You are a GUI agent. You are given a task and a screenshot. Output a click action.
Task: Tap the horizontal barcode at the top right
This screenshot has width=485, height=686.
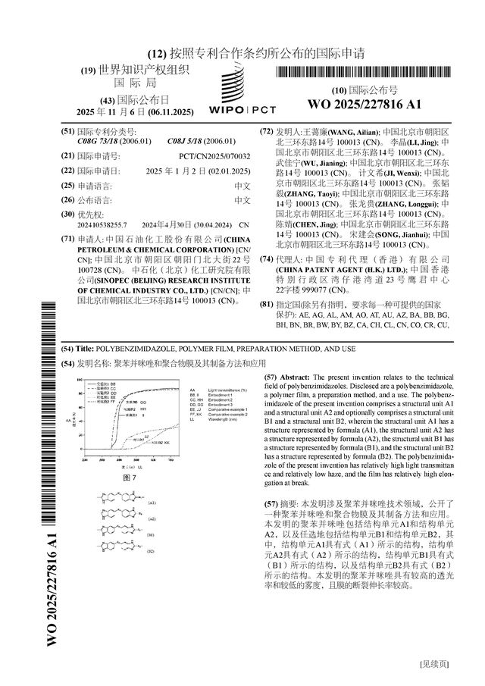click(x=364, y=73)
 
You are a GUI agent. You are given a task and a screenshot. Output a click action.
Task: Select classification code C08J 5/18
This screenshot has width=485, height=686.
click(x=192, y=141)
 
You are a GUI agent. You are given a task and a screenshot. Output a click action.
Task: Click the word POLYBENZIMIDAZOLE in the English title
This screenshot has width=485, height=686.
click(x=132, y=349)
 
